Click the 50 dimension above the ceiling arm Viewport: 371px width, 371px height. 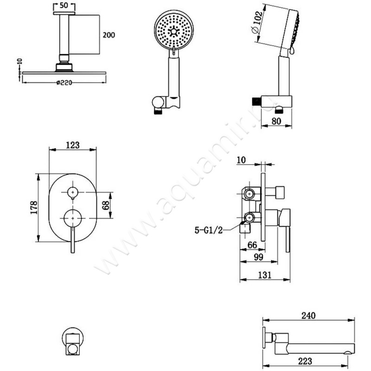coord(64,6)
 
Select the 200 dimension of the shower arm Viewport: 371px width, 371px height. coord(109,35)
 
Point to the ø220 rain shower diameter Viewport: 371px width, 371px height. coord(64,83)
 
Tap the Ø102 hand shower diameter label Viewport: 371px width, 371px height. coord(257,22)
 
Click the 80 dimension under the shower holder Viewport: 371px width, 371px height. coord(276,121)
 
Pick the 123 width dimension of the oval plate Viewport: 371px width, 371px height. coord(73,145)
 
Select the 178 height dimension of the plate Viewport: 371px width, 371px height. coord(34,207)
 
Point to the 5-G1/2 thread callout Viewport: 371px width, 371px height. coord(209,230)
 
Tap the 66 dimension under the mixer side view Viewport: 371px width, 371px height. coord(252,245)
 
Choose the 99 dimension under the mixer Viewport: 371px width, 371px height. coord(258,257)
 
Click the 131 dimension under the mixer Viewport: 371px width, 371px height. coord(264,275)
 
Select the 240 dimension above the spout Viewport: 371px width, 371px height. coord(308,315)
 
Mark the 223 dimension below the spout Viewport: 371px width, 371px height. coord(305,361)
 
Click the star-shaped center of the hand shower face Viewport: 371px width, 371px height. coord(173,31)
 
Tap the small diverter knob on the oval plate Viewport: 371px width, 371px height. coord(73,192)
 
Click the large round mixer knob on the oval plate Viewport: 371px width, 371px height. coord(73,218)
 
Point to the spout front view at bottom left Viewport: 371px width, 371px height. coord(73,341)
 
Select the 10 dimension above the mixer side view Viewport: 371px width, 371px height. coord(241,160)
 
